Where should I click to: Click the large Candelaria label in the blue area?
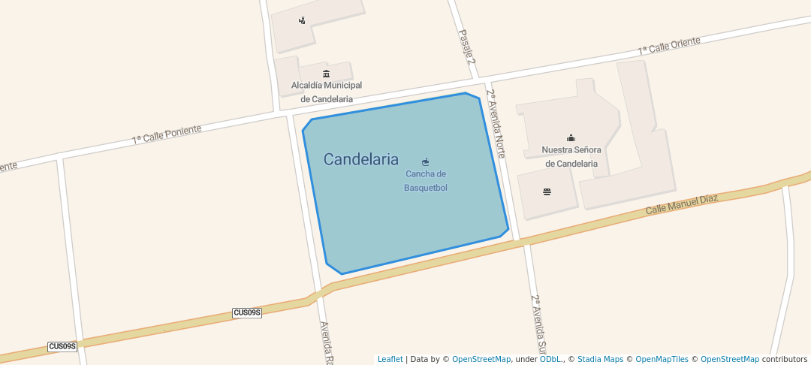click(360, 159)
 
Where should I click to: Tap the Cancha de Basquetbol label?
click(426, 180)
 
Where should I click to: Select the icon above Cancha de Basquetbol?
click(426, 161)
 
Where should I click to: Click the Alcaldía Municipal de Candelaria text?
click(327, 92)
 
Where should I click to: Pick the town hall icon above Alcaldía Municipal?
click(326, 74)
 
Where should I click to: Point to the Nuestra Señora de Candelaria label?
click(571, 156)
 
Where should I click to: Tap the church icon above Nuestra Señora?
click(571, 137)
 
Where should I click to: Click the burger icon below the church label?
click(547, 192)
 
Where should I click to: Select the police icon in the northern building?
click(302, 20)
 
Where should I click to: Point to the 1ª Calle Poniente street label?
click(167, 134)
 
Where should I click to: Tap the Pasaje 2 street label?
click(467, 47)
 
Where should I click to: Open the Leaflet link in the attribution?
click(390, 359)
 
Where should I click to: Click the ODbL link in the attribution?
click(551, 359)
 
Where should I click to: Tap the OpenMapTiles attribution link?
click(659, 359)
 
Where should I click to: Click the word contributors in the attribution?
click(785, 359)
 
